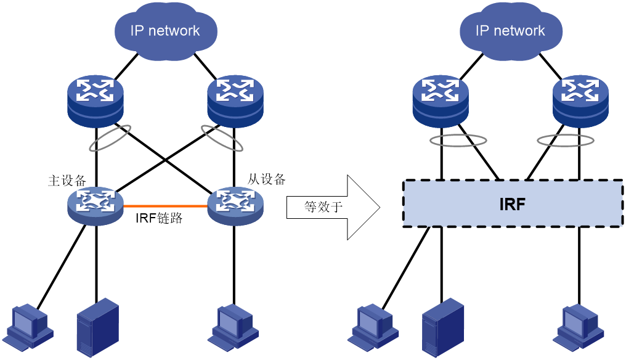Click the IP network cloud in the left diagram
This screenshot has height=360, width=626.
[166, 31]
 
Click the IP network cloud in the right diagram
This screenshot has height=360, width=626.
[511, 31]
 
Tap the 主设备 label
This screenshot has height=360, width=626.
[67, 181]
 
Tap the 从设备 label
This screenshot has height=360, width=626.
[266, 179]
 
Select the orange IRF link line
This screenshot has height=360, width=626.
[165, 206]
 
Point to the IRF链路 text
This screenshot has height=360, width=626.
[159, 218]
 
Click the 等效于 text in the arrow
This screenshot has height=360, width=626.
[323, 207]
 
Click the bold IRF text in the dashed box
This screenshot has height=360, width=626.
[512, 204]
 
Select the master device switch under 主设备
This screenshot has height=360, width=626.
[95, 205]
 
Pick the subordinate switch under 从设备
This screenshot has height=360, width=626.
[235, 205]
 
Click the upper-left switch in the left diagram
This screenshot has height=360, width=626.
[96, 101]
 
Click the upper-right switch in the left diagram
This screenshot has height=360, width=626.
[235, 101]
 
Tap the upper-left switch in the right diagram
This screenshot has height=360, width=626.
[441, 101]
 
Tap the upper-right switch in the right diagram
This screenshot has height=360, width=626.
[581, 101]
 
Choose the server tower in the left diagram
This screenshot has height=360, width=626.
[98, 327]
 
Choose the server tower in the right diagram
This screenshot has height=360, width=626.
[443, 327]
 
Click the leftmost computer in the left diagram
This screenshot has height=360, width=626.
[30, 327]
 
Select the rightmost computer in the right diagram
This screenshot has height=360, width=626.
[579, 327]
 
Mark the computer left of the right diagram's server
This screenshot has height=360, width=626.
[373, 327]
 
